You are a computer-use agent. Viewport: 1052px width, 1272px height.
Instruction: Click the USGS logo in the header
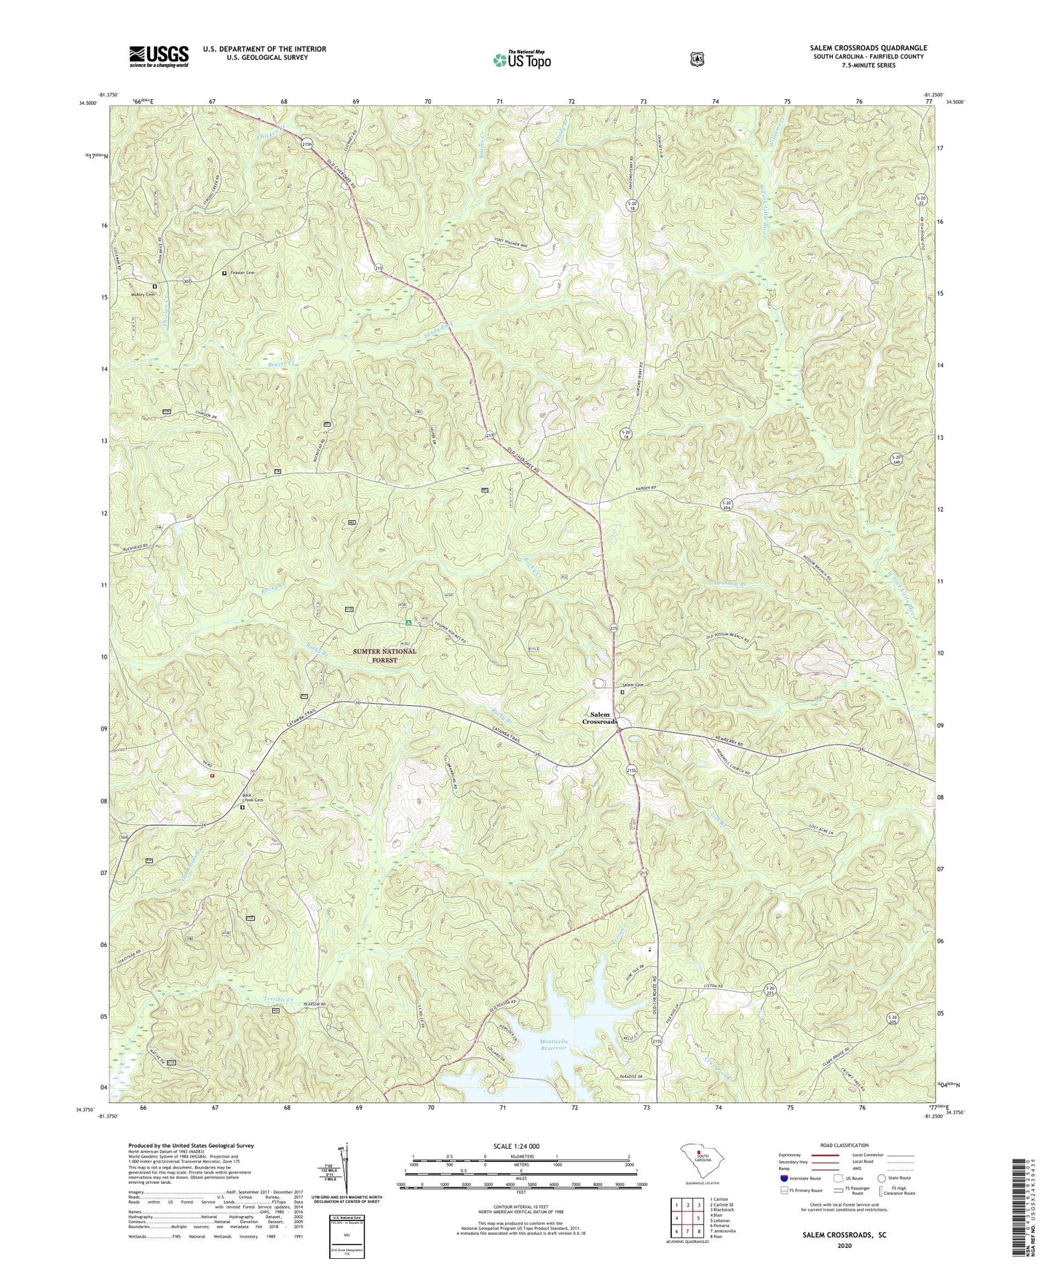[x=159, y=56]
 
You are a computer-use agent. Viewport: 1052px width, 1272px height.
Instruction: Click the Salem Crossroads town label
[x=599, y=718]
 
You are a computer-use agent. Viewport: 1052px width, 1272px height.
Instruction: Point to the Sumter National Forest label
[x=385, y=655]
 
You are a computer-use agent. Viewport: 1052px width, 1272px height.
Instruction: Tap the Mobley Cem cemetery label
[x=143, y=294]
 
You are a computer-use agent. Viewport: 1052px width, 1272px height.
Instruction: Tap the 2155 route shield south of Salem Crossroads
[x=631, y=770]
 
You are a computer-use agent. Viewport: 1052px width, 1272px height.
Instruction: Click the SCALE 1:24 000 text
[x=520, y=1146]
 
